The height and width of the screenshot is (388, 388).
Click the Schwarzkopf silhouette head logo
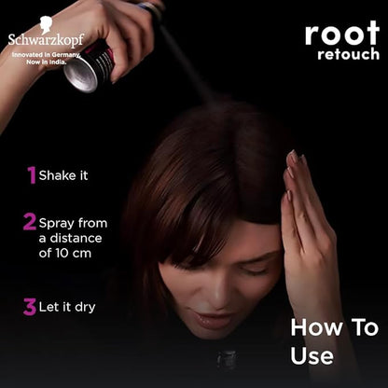[47, 25]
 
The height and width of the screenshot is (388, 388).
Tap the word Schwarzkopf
[46, 40]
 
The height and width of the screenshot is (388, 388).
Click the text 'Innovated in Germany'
[46, 55]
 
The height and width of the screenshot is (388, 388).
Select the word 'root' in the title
[342, 34]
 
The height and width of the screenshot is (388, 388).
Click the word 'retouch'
[349, 54]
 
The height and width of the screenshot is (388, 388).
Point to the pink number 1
[32, 175]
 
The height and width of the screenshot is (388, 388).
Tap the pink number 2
[30, 222]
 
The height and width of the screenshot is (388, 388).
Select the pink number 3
[30, 307]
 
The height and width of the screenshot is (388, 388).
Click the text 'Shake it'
[63, 175]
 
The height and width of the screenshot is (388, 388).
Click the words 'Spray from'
[73, 223]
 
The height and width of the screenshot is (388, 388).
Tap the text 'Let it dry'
[67, 308]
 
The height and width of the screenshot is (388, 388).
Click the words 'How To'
[335, 327]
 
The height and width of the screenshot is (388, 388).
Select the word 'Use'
[312, 355]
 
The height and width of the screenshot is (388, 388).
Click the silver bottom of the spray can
[81, 75]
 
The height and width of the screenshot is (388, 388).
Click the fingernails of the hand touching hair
[292, 174]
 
